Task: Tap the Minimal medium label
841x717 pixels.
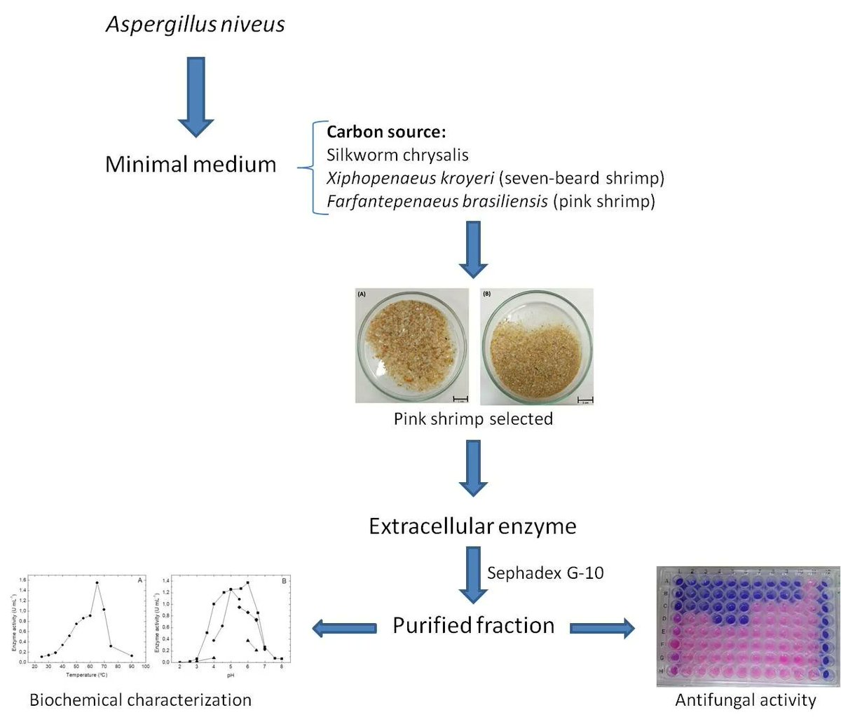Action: (x=191, y=164)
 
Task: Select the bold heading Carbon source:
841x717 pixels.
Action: (x=386, y=132)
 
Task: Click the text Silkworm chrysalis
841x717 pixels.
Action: (x=397, y=155)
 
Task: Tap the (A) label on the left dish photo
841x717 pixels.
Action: (x=362, y=294)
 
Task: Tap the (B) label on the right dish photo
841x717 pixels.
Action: (x=487, y=294)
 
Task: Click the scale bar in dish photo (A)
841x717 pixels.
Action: (x=460, y=399)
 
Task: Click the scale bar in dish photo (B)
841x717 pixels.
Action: (x=584, y=400)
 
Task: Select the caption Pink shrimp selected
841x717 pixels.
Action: (x=473, y=419)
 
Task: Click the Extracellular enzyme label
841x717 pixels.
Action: (x=472, y=526)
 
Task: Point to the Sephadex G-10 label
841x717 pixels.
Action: (x=545, y=573)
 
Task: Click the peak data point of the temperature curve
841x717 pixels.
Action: (x=97, y=583)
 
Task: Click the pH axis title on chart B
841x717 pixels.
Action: (x=231, y=675)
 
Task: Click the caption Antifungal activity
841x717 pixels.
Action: (x=745, y=699)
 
